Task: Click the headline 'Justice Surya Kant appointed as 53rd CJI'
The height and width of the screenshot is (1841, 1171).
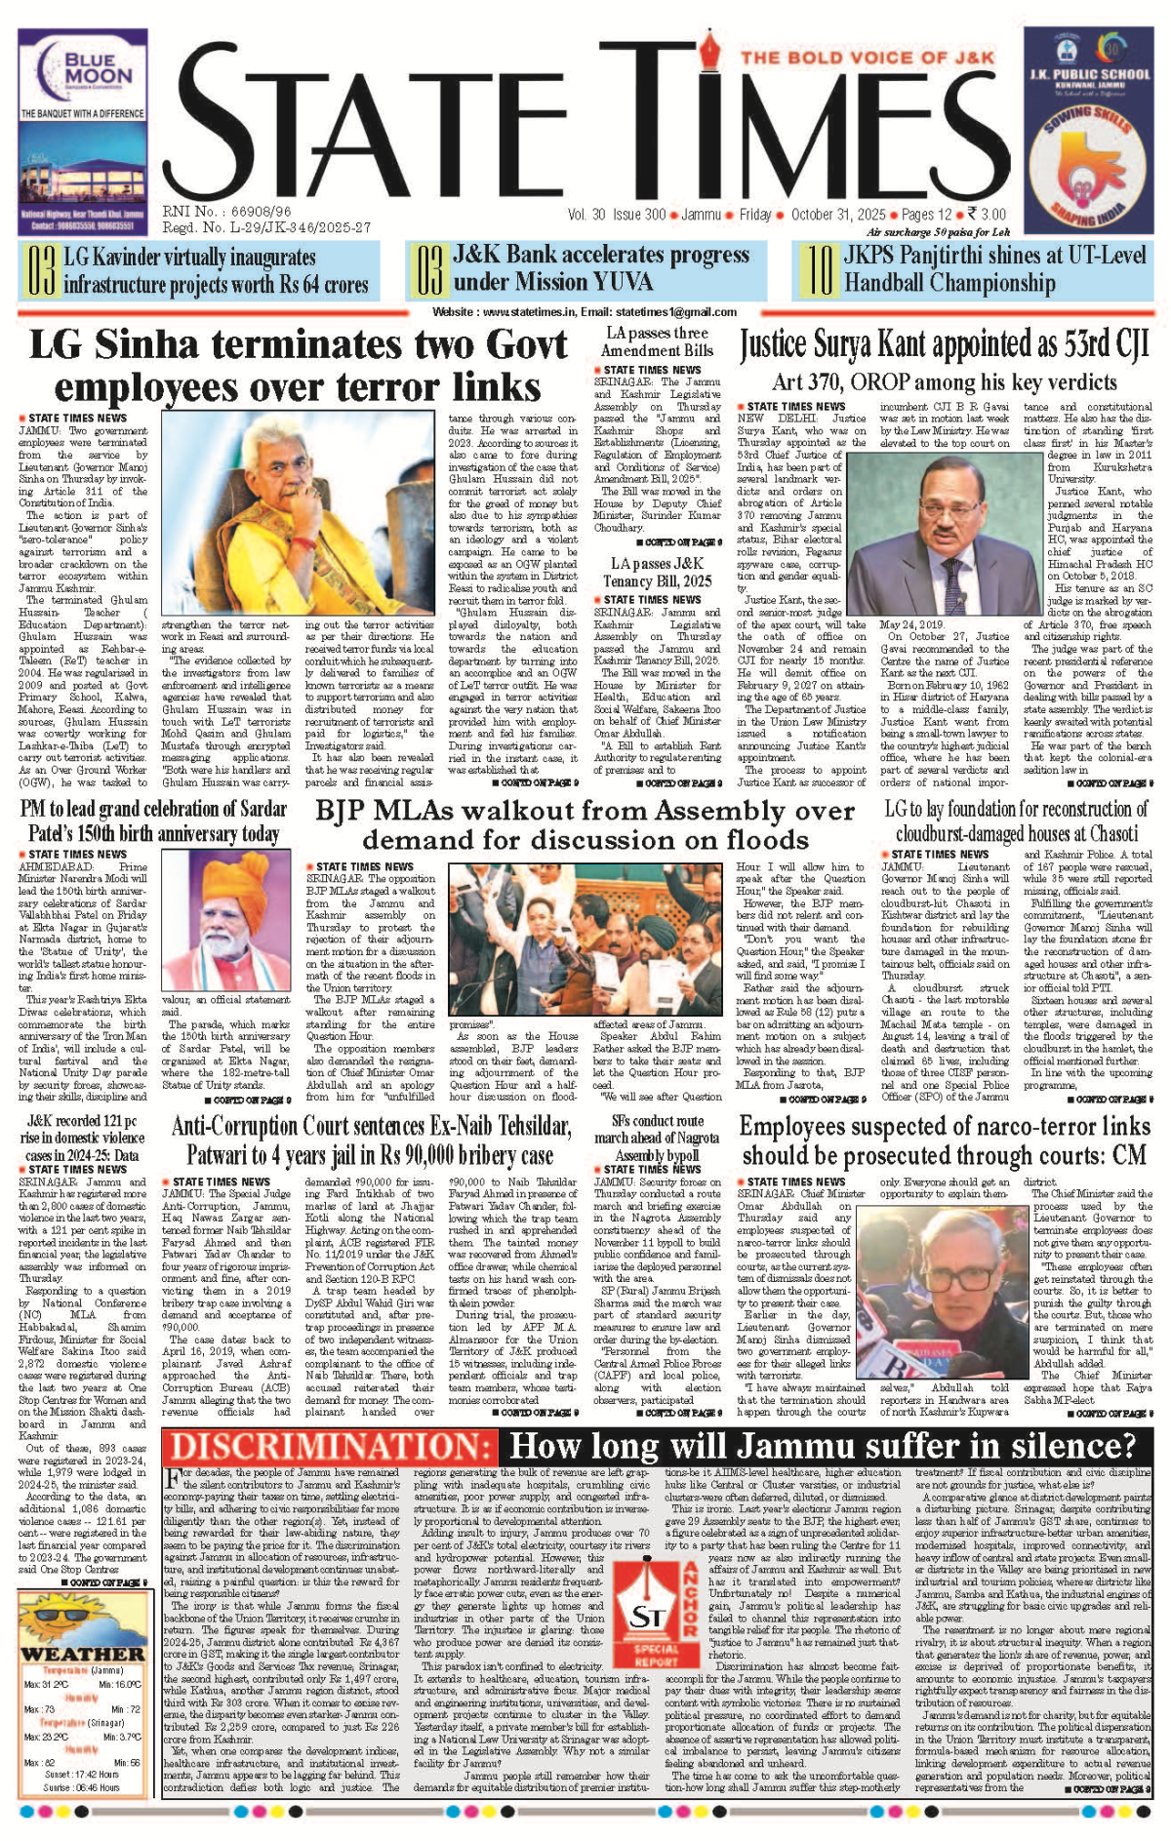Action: coord(944,344)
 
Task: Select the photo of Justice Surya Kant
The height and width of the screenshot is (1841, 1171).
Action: coord(938,540)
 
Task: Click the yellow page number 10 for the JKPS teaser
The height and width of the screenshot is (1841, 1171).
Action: coord(818,270)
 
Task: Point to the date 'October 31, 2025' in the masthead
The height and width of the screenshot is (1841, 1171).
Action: coord(838,215)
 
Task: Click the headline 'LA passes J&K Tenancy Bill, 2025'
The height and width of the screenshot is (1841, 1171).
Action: coord(657,572)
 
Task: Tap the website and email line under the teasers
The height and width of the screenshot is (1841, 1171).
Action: coord(585,312)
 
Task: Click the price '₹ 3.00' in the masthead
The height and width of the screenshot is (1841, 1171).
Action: coord(987,215)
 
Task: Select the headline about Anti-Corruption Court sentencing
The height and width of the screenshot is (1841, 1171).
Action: coord(372,1141)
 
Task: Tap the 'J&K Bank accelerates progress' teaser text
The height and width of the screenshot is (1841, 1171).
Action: coord(600,269)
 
